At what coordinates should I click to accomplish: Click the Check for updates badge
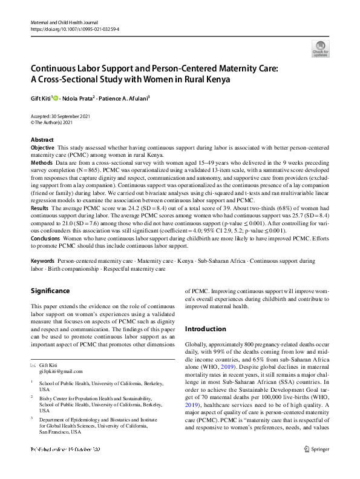click(320, 48)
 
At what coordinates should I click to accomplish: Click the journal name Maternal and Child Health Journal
click(64, 22)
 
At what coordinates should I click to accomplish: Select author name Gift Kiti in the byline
click(41, 97)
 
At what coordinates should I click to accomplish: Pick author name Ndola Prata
click(79, 97)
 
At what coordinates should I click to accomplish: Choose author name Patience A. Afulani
click(123, 97)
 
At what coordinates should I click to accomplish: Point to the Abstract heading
click(42, 140)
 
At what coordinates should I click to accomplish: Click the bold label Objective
click(42, 148)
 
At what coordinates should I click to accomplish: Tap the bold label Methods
click(41, 164)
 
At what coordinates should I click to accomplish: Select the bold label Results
click(40, 207)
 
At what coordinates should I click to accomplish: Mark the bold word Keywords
click(43, 260)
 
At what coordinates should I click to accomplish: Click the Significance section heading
click(50, 291)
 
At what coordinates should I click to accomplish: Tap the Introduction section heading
click(205, 329)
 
